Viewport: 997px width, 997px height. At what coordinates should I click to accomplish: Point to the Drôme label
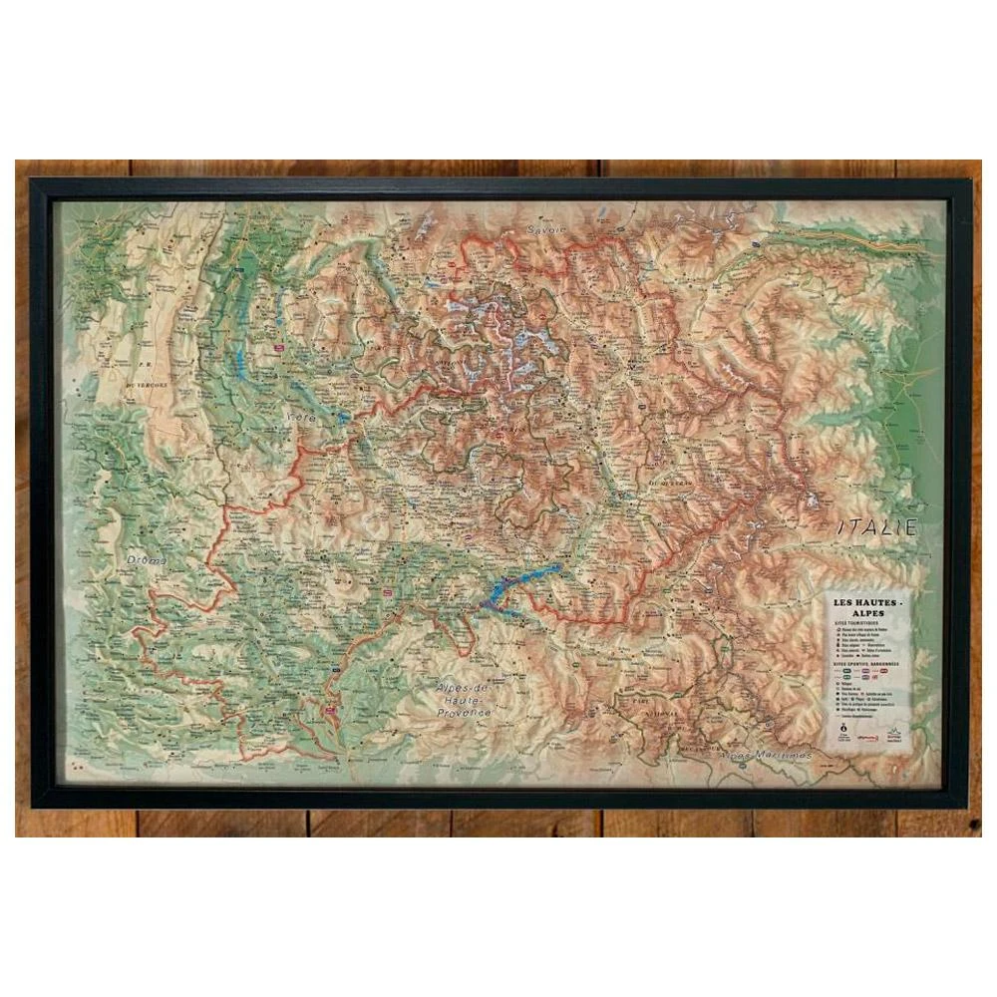pyautogui.click(x=147, y=561)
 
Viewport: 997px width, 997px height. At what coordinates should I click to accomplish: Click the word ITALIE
pyautogui.click(x=875, y=527)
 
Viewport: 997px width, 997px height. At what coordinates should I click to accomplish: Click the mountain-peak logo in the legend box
pyautogui.click(x=894, y=737)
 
